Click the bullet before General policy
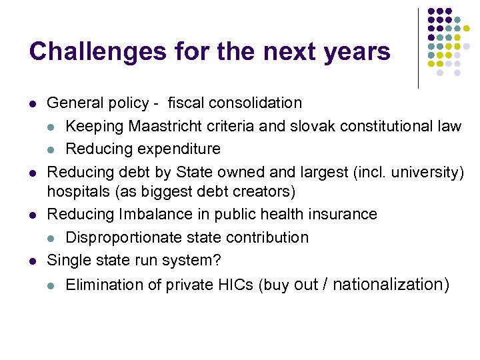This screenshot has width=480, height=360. (x=32, y=104)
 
